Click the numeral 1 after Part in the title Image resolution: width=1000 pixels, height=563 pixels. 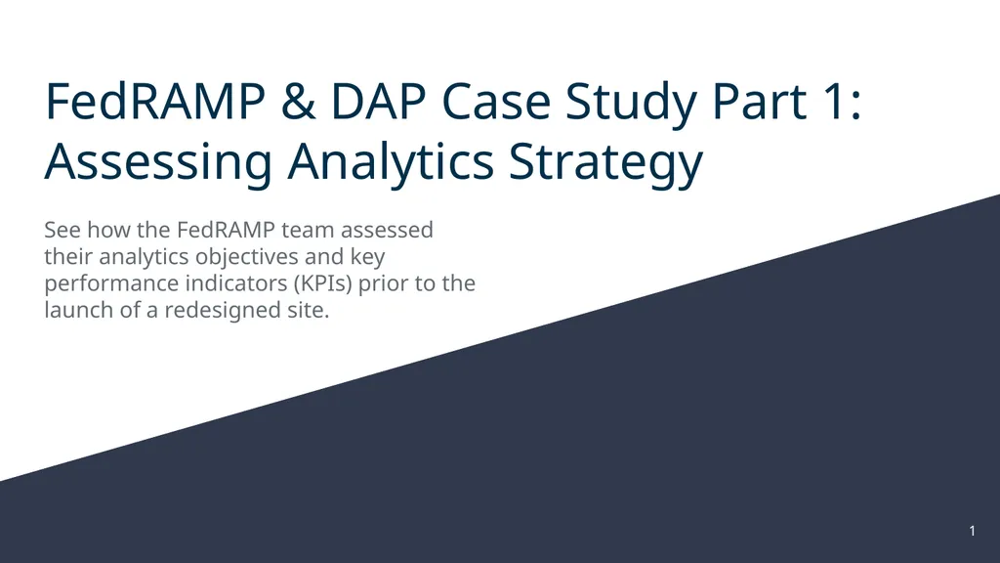point(835,104)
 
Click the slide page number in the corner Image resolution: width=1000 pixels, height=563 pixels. point(972,531)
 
